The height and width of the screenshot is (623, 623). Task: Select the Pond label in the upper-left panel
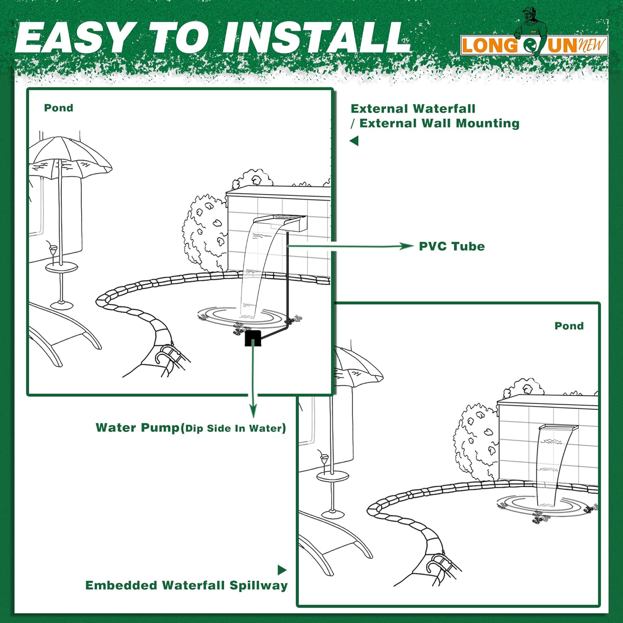coord(59,108)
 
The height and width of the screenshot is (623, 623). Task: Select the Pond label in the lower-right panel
coord(569,326)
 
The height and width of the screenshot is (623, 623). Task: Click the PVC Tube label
coord(452,246)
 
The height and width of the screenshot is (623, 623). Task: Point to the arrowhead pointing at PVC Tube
coord(407,246)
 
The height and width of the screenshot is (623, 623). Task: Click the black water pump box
coord(253,338)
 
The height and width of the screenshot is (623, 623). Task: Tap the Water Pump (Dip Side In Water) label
coord(191,428)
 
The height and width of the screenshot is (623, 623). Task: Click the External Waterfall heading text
coord(413,109)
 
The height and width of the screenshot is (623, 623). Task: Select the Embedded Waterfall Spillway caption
coord(186,586)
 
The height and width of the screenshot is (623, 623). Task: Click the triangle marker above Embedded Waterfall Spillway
coord(282,570)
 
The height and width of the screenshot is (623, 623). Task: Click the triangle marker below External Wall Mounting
coord(354,141)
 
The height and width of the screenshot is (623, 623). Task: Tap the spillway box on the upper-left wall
coord(281,223)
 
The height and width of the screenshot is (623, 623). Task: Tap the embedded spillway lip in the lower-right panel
coord(558,427)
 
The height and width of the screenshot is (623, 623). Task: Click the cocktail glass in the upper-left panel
coord(52,251)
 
